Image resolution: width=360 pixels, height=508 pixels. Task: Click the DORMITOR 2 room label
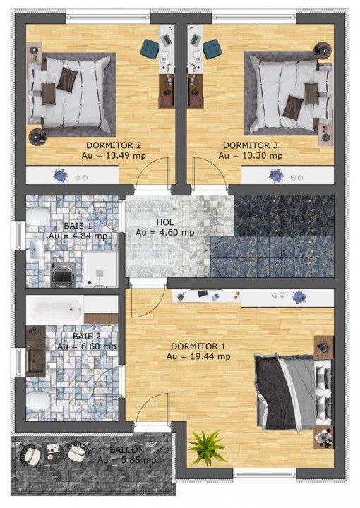tap(114, 145)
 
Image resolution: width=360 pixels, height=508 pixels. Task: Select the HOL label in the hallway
tap(165, 222)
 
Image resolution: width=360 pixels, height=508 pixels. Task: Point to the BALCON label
tap(126, 449)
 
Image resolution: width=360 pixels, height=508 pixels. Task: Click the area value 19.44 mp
tap(210, 357)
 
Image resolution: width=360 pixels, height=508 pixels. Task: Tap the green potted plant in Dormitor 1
tap(207, 447)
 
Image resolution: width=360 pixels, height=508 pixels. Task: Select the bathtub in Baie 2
tap(54, 310)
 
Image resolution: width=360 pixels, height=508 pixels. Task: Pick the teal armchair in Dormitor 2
tap(150, 49)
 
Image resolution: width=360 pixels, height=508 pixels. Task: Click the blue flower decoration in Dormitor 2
tap(60, 176)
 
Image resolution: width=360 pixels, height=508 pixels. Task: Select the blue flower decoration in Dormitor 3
tap(276, 176)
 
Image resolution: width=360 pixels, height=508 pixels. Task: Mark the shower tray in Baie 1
tap(100, 270)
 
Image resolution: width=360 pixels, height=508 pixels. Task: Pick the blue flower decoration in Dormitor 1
tap(298, 297)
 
